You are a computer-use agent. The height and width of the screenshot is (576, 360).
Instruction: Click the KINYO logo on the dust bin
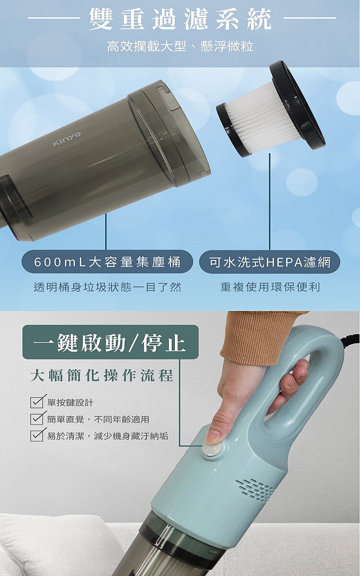click(67, 139)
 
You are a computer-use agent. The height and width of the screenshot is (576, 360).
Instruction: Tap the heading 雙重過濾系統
click(180, 19)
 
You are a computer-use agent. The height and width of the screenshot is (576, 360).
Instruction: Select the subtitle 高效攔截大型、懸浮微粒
click(180, 47)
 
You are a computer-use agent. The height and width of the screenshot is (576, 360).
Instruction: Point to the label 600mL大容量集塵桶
click(107, 262)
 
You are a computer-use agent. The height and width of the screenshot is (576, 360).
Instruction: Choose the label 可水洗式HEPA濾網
click(270, 262)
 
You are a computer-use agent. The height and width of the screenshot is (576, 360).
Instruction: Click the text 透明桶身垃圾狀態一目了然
click(108, 287)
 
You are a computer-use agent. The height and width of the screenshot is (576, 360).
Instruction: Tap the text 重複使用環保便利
click(270, 287)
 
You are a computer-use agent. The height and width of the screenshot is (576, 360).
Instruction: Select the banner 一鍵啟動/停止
click(110, 342)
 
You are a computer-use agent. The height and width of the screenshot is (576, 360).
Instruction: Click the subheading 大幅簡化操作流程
click(102, 376)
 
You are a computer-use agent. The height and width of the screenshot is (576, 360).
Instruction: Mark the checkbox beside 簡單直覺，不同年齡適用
click(37, 419)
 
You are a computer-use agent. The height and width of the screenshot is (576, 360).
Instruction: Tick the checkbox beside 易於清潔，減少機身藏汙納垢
click(37, 436)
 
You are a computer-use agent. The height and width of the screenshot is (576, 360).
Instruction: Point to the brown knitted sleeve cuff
click(260, 337)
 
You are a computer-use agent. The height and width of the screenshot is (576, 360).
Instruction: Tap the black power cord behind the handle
click(350, 338)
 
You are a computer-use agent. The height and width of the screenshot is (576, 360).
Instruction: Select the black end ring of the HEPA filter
click(297, 105)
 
